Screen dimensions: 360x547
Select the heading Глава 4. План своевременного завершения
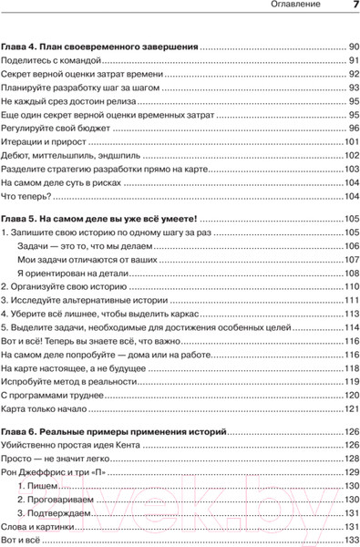pyautogui.click(x=100, y=46)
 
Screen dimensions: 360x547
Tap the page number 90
pyautogui.click(x=354, y=46)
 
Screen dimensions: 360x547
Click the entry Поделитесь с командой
pyautogui.click(x=50, y=60)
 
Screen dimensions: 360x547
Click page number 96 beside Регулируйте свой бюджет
pyautogui.click(x=354, y=129)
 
